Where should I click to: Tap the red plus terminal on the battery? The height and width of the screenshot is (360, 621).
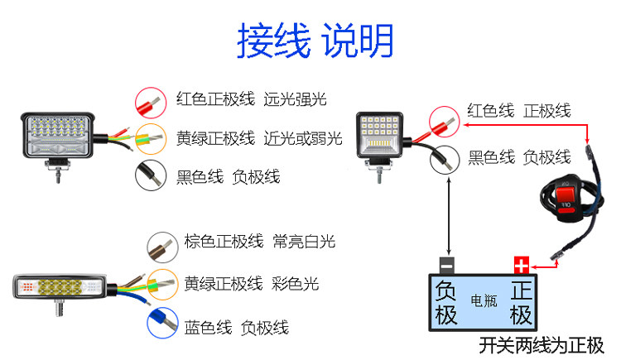pos(521,265)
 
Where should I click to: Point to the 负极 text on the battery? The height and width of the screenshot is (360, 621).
pos(445,302)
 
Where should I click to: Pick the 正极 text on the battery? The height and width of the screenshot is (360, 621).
pos(521,302)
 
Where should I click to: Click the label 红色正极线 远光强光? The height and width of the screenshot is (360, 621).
pos(251,99)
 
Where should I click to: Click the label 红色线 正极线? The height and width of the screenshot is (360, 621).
pos(518,111)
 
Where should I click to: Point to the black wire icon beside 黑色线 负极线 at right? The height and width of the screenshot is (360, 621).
pos(445,157)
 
